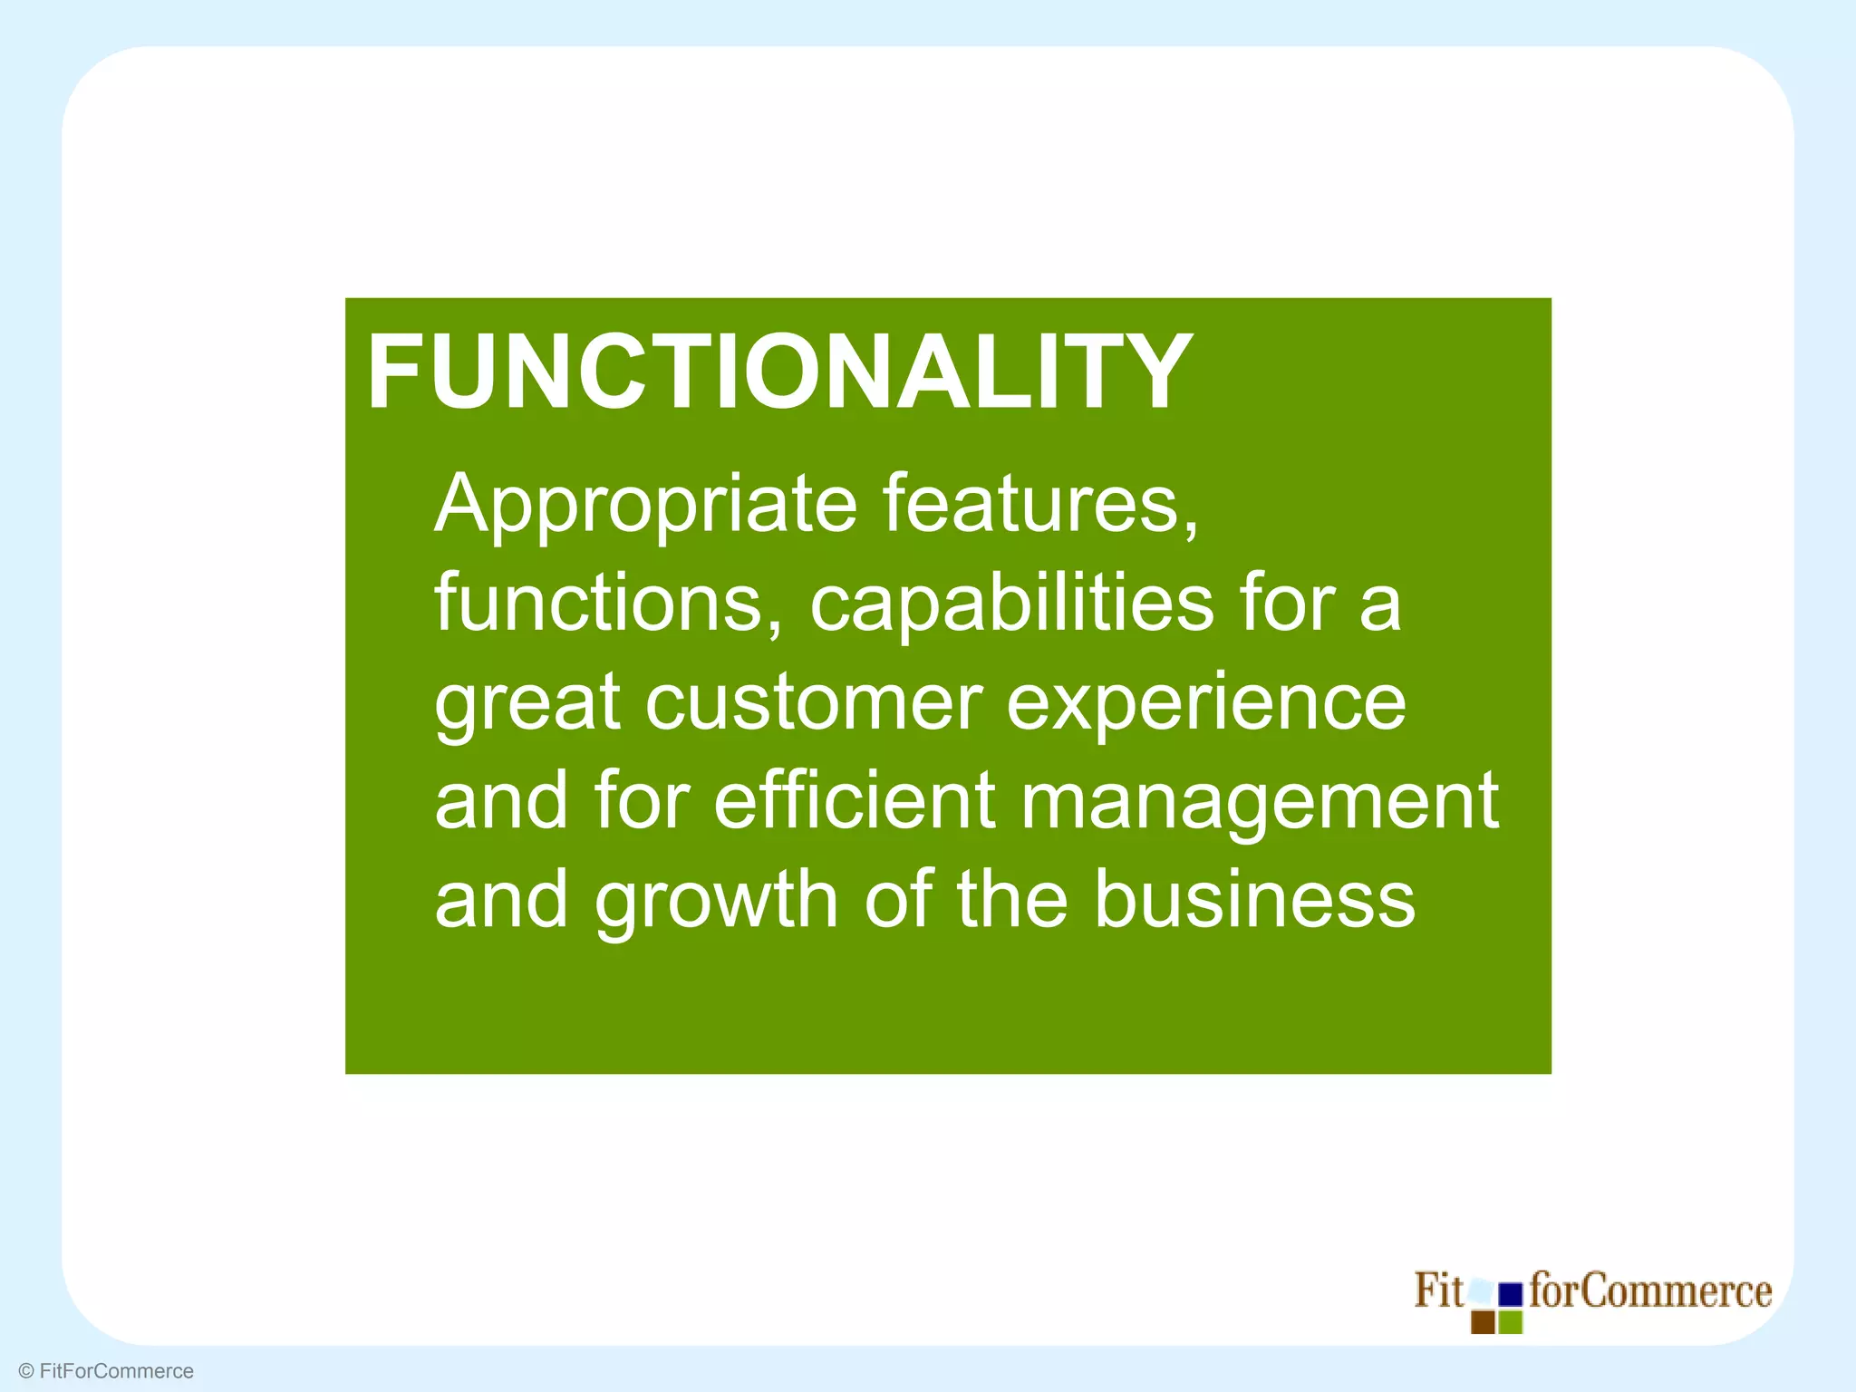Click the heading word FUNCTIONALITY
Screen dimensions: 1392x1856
pos(779,372)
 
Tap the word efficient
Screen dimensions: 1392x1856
pos(855,801)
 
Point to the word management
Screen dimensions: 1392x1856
pos(1260,803)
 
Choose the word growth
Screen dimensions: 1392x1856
pos(716,901)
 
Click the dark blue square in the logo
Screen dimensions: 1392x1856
pos(1510,1294)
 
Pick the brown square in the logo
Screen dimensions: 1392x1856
pos(1483,1322)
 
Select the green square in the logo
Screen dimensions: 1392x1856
pos(1510,1322)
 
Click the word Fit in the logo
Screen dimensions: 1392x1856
pos(1438,1290)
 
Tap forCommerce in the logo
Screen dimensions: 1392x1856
pos(1650,1290)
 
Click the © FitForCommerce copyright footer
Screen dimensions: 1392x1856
pos(106,1371)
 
